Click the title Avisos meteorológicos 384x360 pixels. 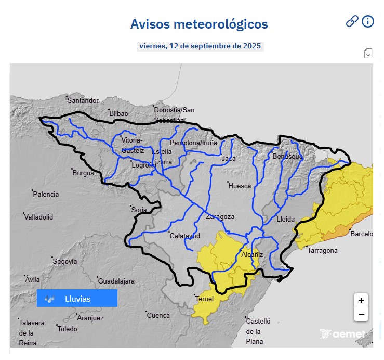[199, 24]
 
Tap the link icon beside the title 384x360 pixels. [352, 21]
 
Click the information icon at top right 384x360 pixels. [368, 21]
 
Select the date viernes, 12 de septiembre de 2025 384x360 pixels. [200, 46]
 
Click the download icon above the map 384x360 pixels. [368, 53]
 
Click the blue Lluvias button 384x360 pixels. [77, 299]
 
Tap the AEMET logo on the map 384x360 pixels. [343, 334]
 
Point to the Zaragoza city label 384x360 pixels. [220, 217]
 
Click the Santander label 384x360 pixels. [83, 100]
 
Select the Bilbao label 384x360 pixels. [118, 113]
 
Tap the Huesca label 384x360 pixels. [240, 186]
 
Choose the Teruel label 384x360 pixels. [204, 299]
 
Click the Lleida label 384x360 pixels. [285, 219]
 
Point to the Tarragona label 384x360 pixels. [323, 250]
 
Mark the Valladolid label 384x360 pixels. [39, 217]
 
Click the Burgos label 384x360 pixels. [83, 173]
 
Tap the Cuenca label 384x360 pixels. [158, 315]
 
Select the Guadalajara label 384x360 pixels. [116, 281]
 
